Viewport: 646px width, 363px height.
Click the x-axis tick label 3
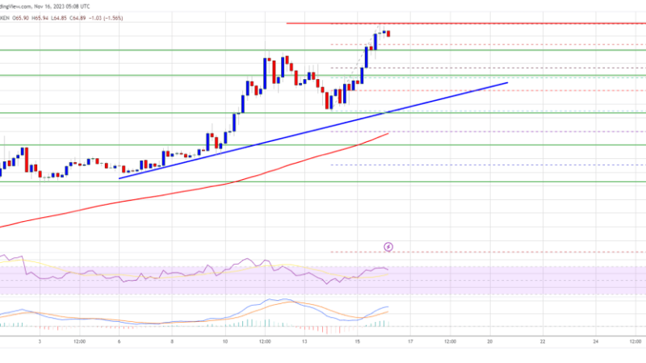click(40, 341)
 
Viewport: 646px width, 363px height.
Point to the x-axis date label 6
click(120, 341)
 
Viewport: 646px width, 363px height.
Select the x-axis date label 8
click(172, 341)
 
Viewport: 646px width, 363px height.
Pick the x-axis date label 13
click(304, 341)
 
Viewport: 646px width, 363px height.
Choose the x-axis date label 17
click(410, 341)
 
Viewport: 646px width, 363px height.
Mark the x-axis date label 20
click(489, 341)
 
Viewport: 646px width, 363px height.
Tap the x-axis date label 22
click(543, 341)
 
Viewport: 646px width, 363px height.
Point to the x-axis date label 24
click(595, 341)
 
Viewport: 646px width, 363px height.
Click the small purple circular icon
click(388, 245)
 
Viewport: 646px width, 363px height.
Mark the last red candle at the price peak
click(388, 33)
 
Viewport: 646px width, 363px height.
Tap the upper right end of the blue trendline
click(507, 82)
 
